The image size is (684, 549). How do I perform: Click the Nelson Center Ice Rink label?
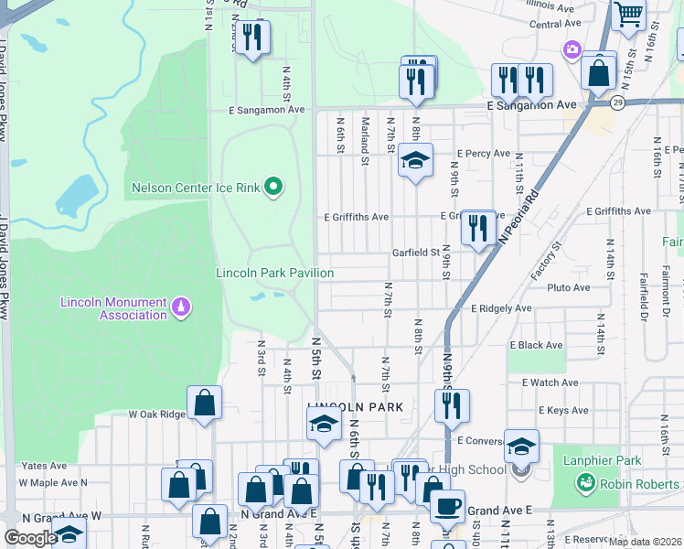point(197,188)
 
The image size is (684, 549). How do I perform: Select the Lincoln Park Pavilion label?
point(274,273)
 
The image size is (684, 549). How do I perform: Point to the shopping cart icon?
point(628,15)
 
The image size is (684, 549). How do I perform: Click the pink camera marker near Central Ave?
point(572,48)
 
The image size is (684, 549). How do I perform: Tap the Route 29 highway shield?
point(618,102)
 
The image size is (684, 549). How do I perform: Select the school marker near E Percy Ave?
point(415,162)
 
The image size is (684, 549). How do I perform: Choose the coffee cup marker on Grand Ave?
point(447,506)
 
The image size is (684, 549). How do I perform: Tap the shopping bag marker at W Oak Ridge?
point(204,403)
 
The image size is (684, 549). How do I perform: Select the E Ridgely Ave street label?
point(501,309)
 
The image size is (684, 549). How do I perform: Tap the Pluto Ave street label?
point(568,287)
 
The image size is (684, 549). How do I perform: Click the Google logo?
point(30,538)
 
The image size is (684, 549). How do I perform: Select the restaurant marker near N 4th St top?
point(252,38)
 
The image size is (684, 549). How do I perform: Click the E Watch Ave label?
point(545,382)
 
